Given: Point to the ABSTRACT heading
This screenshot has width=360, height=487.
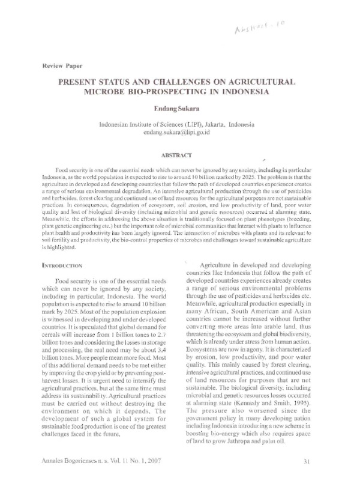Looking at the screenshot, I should click(x=179, y=154).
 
